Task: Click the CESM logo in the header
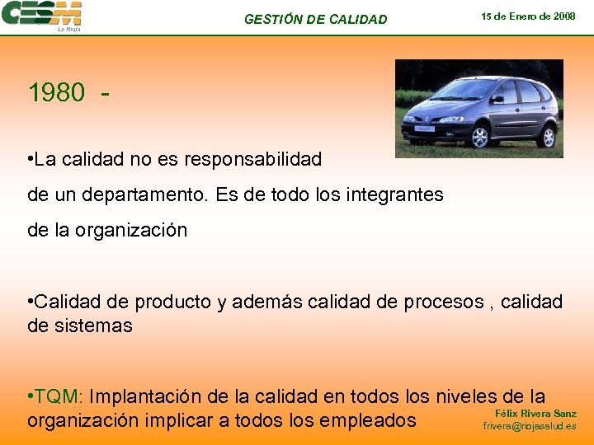pyautogui.click(x=41, y=16)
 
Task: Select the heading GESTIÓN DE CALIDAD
pyautogui.click(x=315, y=19)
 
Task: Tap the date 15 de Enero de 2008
pyautogui.click(x=529, y=16)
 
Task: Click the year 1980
pyautogui.click(x=56, y=93)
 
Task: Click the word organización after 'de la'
pyautogui.click(x=131, y=231)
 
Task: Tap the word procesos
pyautogui.click(x=443, y=302)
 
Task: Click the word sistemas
pyautogui.click(x=91, y=326)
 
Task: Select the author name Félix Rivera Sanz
pyautogui.click(x=535, y=413)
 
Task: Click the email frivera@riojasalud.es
pyautogui.click(x=530, y=427)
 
